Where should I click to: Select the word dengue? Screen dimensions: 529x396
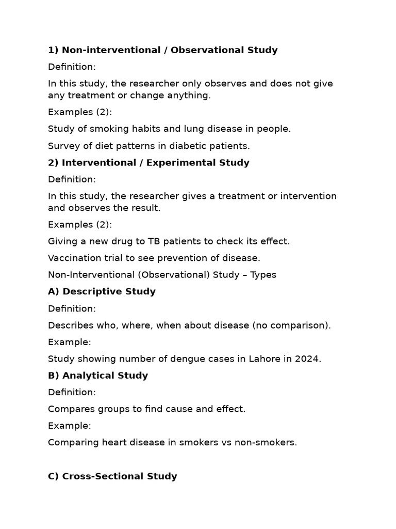(193, 359)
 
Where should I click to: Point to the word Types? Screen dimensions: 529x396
(263, 275)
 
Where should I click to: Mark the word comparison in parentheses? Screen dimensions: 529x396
(300, 325)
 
